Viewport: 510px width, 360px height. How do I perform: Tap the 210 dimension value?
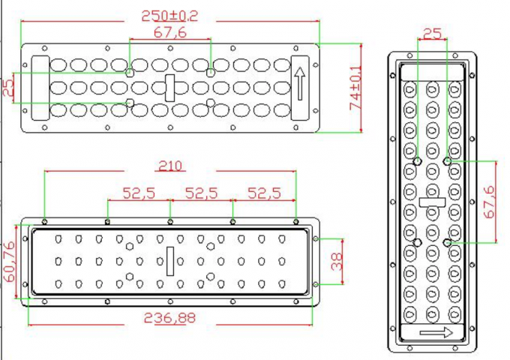170,166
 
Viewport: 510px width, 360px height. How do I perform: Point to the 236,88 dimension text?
170,317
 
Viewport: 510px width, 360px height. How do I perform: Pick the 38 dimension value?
336,261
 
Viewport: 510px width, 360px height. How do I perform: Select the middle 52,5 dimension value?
202,193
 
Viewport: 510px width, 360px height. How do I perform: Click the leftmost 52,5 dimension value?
139,193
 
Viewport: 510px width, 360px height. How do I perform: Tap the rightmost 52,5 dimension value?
264,193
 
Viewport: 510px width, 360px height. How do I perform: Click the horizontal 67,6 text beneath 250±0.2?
170,31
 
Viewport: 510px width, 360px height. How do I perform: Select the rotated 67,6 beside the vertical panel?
490,201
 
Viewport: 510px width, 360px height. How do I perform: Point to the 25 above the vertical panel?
433,32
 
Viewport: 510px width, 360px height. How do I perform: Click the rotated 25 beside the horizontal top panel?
8,87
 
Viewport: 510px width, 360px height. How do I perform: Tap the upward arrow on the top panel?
300,87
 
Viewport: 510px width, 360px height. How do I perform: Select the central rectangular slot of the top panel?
169,88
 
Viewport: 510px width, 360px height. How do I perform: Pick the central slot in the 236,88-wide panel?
169,261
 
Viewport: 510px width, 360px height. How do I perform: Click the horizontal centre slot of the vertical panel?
433,202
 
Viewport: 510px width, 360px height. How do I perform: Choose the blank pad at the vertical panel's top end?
433,70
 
